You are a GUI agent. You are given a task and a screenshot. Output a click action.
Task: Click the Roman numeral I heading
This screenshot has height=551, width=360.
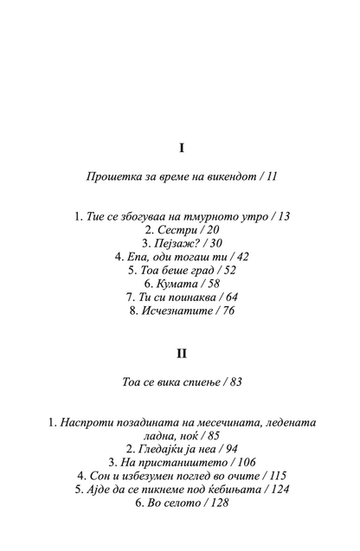[x=180, y=148]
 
